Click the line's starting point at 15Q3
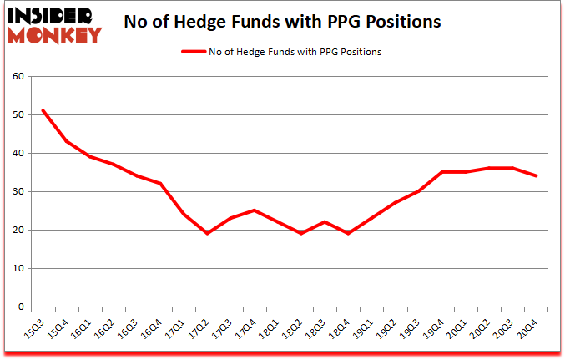(43, 110)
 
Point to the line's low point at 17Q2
(206, 233)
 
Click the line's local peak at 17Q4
(253, 210)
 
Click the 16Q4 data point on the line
(159, 184)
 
